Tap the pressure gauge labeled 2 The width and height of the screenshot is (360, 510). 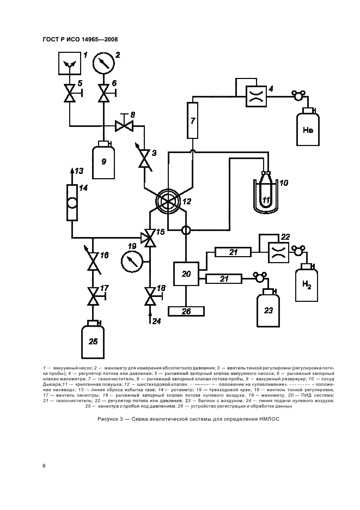[103, 63]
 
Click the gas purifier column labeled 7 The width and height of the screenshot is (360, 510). [193, 120]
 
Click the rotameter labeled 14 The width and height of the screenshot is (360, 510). [71, 202]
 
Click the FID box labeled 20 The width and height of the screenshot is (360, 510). [186, 274]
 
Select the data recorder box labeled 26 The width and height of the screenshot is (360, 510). [186, 311]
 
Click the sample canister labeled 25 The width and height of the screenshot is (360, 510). [93, 342]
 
